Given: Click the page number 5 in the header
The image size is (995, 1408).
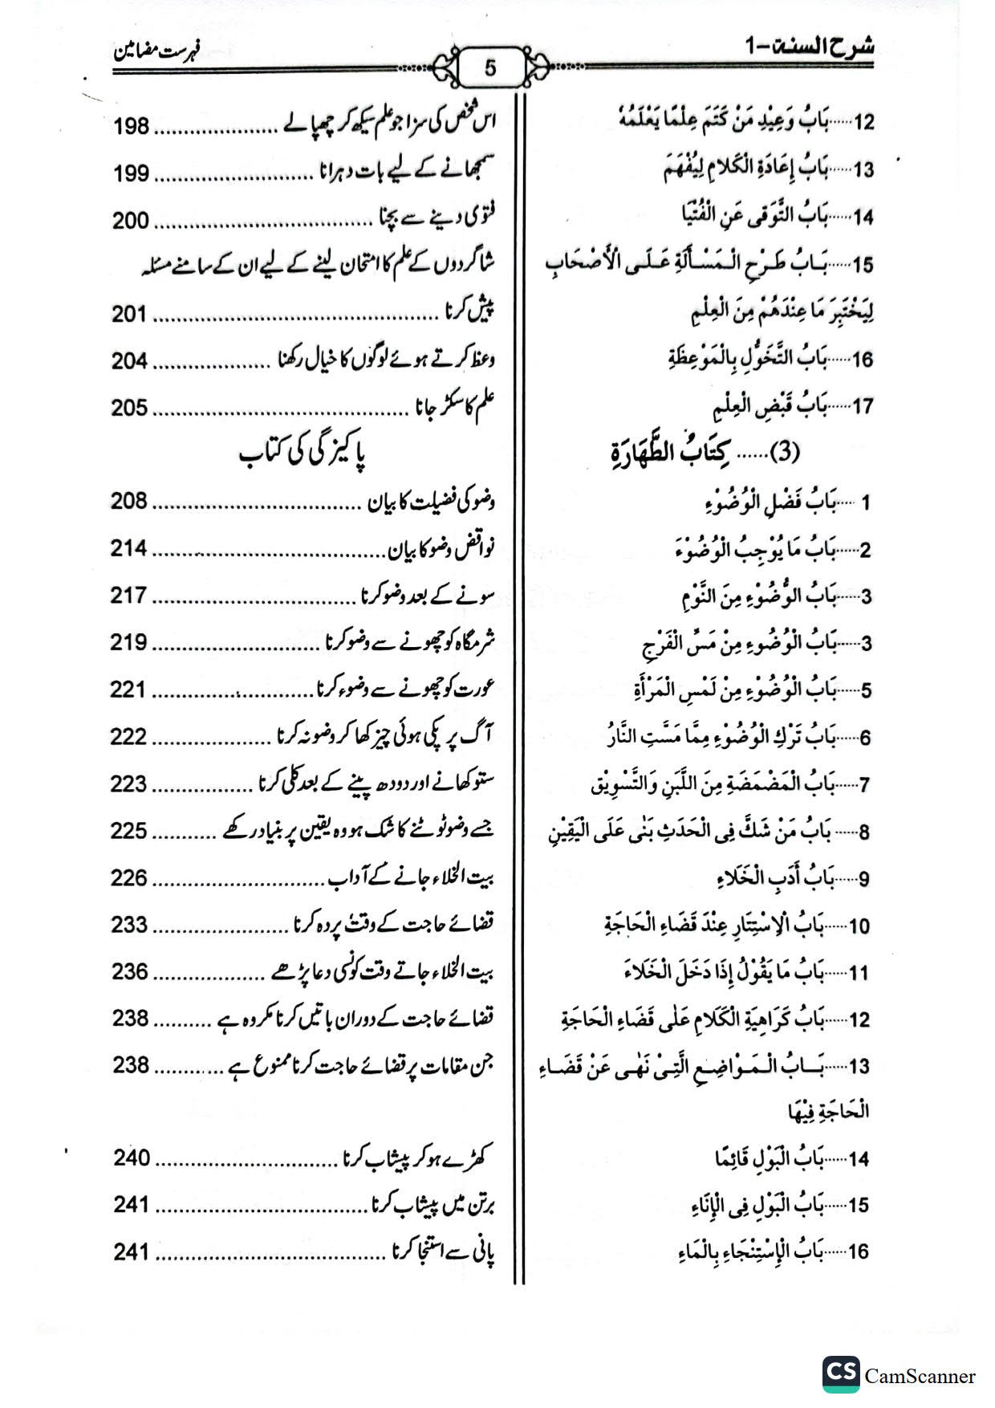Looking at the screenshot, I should click(490, 68).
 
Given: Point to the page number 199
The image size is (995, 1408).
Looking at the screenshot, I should click(131, 173).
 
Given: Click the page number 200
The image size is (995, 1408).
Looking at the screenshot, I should click(131, 220).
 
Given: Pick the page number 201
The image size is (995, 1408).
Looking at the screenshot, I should click(131, 315).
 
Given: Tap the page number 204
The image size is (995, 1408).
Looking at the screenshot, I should click(131, 361).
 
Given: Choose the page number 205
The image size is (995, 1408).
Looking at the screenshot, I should click(131, 408).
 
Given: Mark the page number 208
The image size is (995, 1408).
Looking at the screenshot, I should click(131, 502).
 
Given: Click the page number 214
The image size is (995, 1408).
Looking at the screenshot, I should click(131, 549).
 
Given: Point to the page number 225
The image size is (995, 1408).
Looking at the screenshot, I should click(131, 831).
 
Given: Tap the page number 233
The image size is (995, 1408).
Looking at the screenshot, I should click(131, 925).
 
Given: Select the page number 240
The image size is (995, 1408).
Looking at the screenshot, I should click(131, 1158).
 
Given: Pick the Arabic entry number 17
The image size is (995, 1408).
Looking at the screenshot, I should click(862, 407).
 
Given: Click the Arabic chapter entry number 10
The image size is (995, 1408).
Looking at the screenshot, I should click(859, 926).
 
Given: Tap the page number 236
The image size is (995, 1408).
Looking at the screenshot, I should click(131, 972).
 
